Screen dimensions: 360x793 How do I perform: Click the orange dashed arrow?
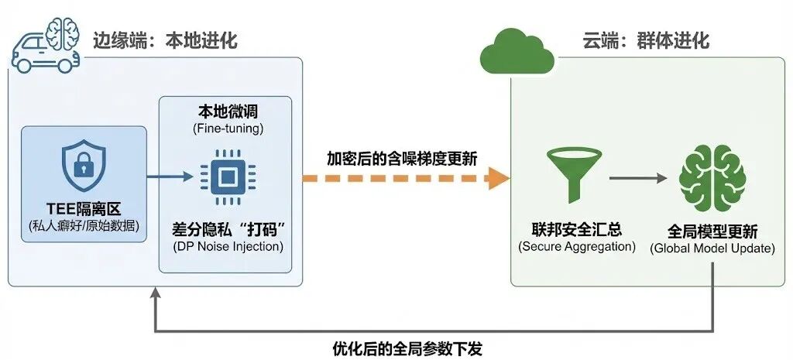click(406, 179)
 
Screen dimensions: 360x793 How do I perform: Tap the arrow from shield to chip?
click(170, 177)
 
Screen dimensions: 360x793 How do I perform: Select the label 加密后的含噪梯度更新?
click(401, 158)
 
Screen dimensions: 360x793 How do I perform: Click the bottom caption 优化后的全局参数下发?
click(407, 348)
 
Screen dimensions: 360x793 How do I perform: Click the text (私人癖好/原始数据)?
click(84, 228)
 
